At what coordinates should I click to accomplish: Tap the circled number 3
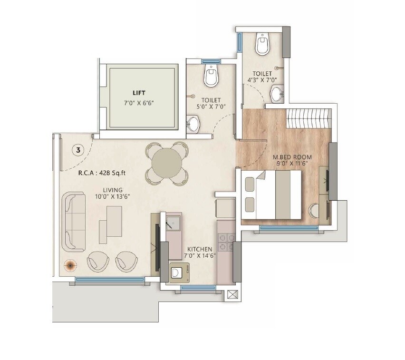click(x=78, y=150)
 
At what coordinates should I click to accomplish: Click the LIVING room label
click(x=104, y=190)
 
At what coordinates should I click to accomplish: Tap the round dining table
click(x=165, y=162)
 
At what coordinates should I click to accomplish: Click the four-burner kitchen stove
click(x=226, y=242)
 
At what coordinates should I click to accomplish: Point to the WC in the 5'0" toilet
click(x=210, y=76)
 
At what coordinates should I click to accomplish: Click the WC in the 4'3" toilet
click(x=262, y=44)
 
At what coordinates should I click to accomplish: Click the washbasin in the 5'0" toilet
click(x=193, y=124)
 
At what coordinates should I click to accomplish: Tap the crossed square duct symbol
click(x=232, y=294)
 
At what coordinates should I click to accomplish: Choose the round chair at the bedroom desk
click(x=314, y=211)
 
